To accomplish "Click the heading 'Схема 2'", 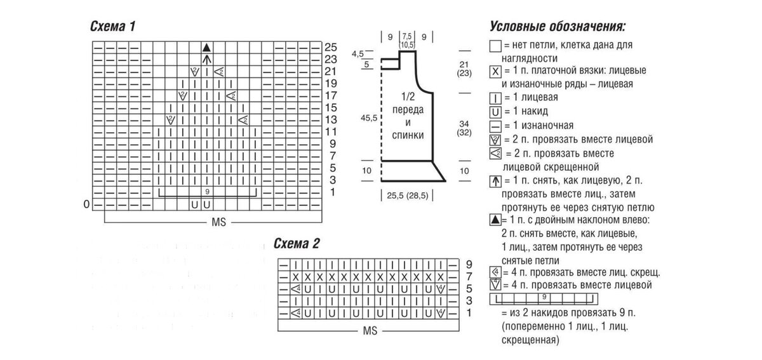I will click(x=297, y=243).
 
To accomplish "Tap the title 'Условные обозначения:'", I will click(x=558, y=27).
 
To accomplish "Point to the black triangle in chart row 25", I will click(x=206, y=48).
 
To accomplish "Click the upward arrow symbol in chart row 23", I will click(x=206, y=60).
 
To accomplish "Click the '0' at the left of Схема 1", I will click(x=87, y=204).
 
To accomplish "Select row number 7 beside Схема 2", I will click(x=469, y=277).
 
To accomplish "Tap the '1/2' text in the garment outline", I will click(x=407, y=97).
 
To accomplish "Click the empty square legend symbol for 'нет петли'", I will click(x=495, y=46).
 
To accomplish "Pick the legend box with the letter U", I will click(x=495, y=111).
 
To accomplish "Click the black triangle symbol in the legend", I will click(x=495, y=220).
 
